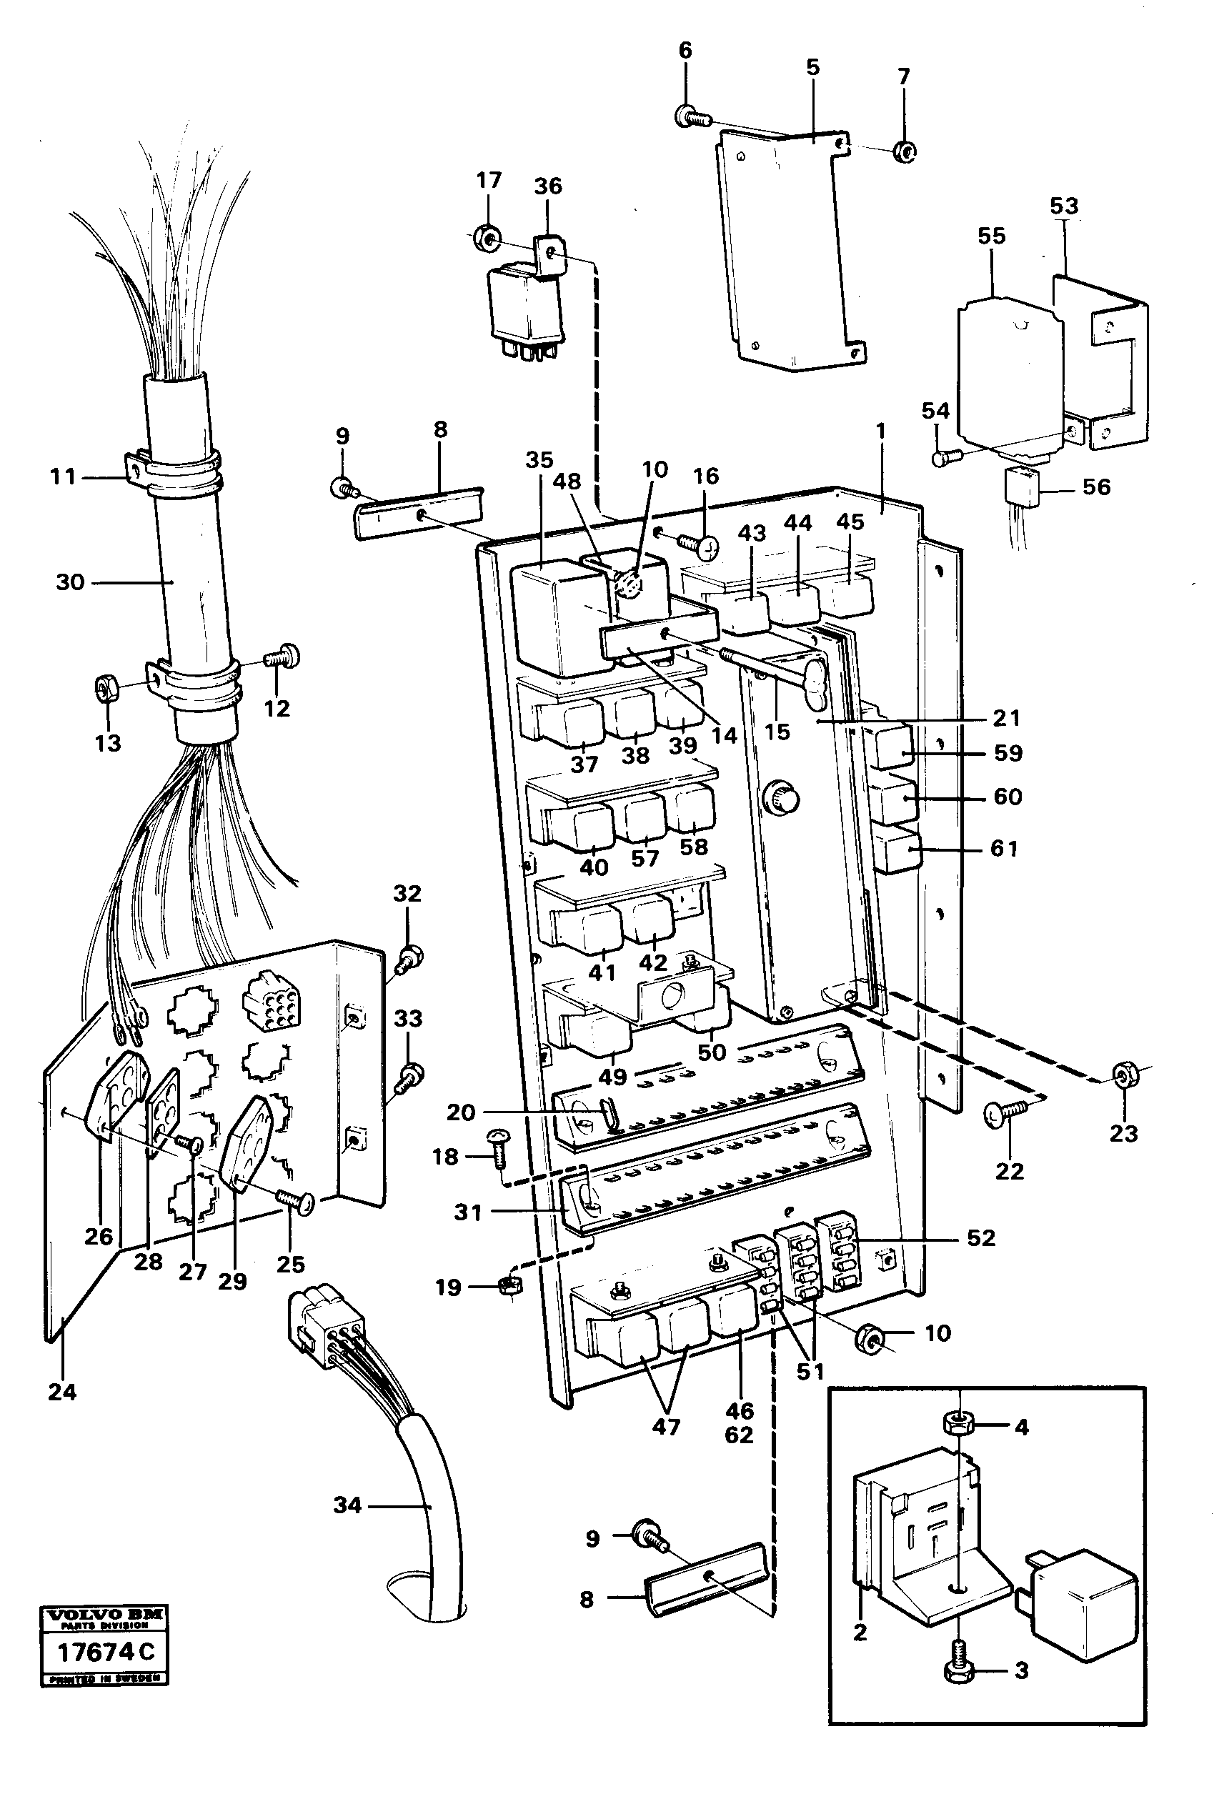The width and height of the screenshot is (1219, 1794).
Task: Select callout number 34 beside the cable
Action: (347, 1505)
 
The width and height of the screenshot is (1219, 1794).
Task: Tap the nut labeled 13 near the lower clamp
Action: (106, 684)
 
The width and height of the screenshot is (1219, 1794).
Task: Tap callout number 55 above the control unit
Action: (991, 236)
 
